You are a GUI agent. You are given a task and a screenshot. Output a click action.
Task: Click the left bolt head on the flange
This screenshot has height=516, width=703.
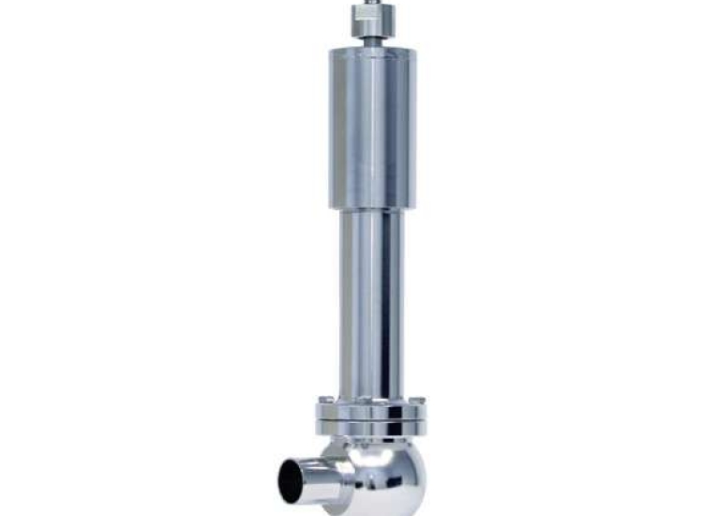coord(325,401)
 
